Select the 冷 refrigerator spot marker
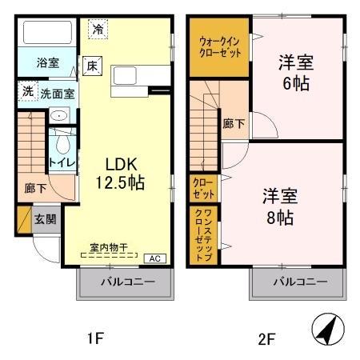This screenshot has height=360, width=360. tap(97, 28)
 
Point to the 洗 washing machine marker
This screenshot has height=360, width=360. tap(27, 92)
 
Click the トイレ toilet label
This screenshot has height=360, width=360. tap(62, 162)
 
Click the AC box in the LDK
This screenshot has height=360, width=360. tap(156, 258)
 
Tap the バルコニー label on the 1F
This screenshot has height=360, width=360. tap(125, 282)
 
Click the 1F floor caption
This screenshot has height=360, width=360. tap(94, 338)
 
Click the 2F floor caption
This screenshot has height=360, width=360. tap(266, 338)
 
